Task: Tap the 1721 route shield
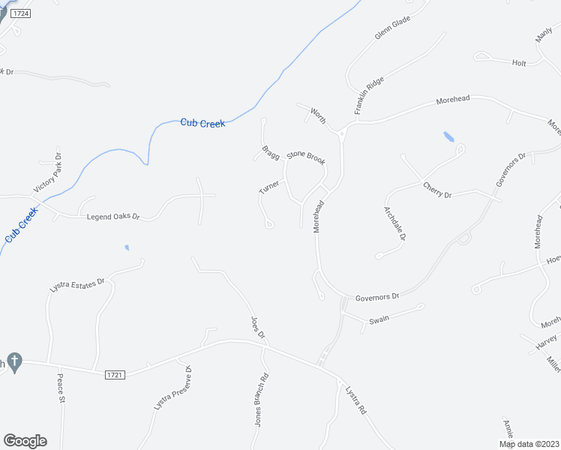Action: [x=114, y=373]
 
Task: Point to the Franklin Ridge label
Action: [x=369, y=94]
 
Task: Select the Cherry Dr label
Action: [x=437, y=190]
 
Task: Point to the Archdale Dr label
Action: [x=395, y=223]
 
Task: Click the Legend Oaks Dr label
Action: [x=113, y=217]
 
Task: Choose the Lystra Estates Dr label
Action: [x=79, y=284]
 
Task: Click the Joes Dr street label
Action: [x=257, y=327]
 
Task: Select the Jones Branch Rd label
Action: [x=261, y=399]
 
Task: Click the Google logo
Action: [x=25, y=441]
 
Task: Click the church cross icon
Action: [x=15, y=361]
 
